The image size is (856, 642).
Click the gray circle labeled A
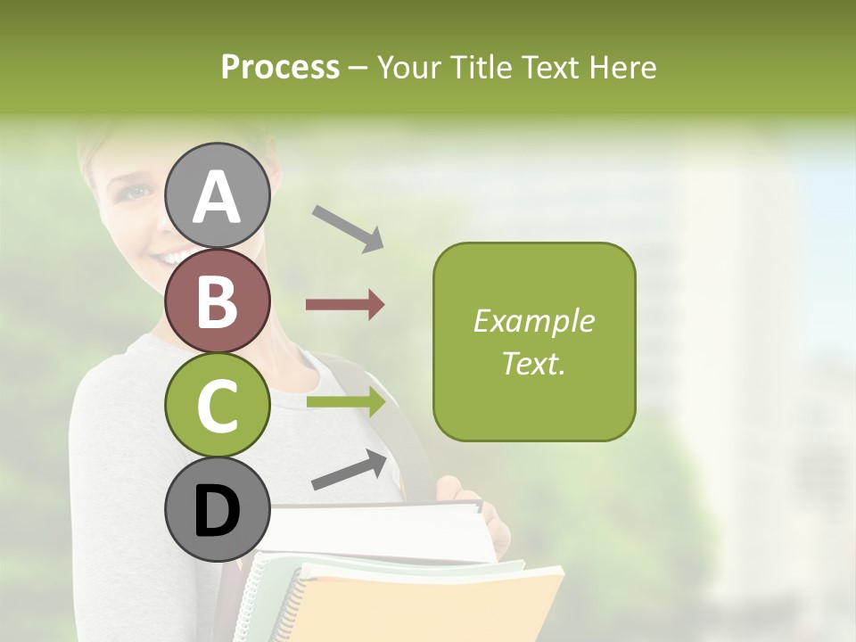(217, 195)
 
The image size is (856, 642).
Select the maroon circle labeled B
(217, 300)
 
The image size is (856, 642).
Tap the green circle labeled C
(217, 406)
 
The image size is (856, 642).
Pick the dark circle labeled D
(217, 510)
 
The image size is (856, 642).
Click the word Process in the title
(280, 67)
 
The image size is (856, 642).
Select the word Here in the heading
(623, 67)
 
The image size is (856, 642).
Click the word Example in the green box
(533, 321)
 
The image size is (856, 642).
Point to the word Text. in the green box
(533, 363)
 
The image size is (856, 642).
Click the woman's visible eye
(135, 191)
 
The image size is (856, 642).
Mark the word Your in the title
(408, 67)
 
